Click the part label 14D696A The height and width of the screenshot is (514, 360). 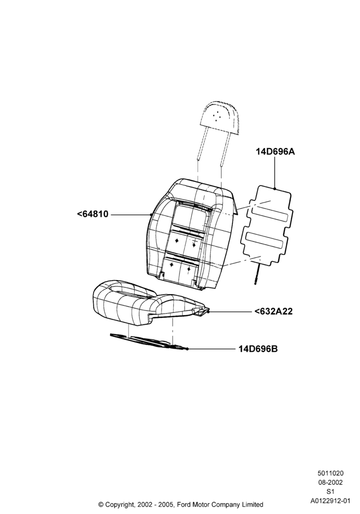[275, 152]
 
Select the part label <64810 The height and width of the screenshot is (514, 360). [93, 214]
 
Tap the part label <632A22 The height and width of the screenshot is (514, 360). [274, 311]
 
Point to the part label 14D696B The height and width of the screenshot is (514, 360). [258, 349]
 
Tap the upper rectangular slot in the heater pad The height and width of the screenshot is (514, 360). [270, 217]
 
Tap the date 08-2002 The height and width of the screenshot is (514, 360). [331, 482]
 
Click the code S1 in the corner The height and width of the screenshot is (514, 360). [331, 491]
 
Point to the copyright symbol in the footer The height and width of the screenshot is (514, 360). [101, 504]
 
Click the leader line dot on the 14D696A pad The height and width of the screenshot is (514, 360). [275, 189]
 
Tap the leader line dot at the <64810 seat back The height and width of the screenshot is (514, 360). [151, 214]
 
